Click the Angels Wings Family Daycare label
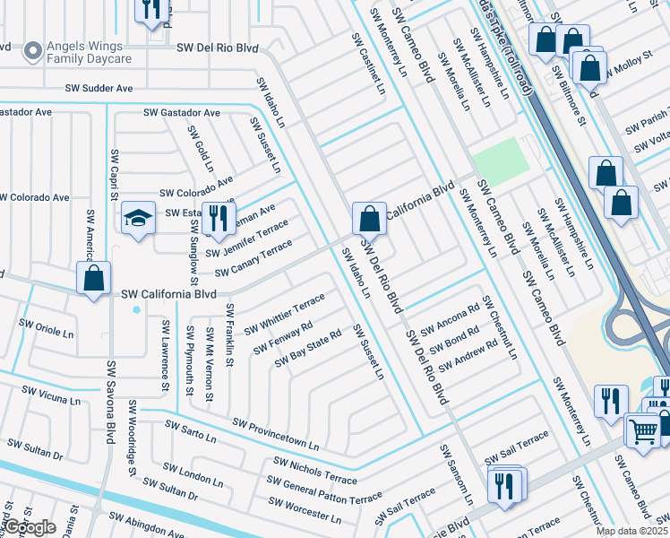tap(90, 52)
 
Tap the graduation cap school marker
tap(138, 219)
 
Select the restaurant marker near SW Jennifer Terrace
tap(216, 218)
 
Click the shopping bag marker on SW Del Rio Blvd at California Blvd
tap(369, 218)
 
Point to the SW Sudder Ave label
tap(99, 89)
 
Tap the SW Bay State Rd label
tap(308, 347)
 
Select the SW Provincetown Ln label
tap(275, 434)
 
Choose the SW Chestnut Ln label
tap(500, 327)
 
